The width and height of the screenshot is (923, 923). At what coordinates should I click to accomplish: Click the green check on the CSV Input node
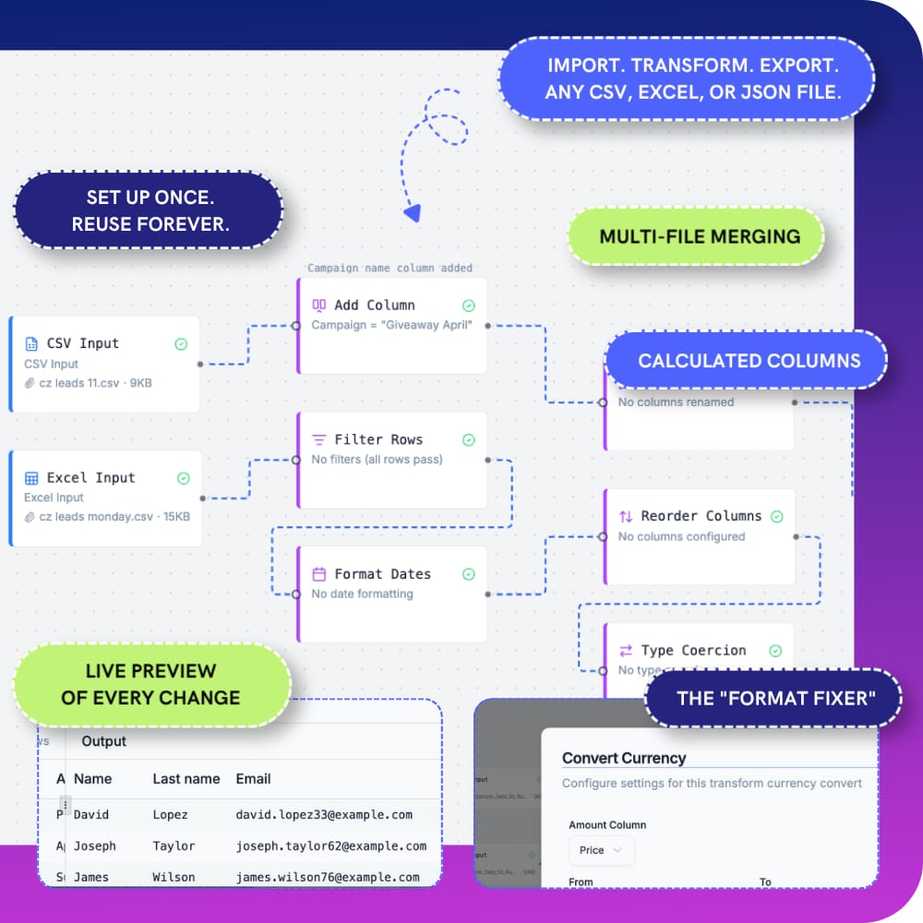click(181, 344)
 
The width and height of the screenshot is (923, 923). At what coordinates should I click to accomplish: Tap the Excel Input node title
click(90, 477)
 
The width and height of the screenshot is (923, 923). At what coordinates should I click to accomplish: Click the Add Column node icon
click(319, 306)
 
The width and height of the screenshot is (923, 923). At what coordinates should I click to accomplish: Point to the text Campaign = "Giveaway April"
click(392, 325)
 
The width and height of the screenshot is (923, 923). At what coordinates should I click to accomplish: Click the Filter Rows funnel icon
click(319, 440)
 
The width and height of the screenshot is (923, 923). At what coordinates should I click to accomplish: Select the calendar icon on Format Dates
click(319, 574)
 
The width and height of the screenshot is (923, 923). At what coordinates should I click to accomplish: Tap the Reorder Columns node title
click(701, 516)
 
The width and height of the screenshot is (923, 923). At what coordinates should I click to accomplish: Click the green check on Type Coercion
click(776, 651)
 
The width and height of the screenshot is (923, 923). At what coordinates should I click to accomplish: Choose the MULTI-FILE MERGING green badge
click(699, 236)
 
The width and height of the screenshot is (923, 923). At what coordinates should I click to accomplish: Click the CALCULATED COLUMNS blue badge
click(749, 361)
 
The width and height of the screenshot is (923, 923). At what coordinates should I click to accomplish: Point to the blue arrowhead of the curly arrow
click(413, 213)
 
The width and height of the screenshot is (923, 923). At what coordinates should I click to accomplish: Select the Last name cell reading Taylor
click(174, 845)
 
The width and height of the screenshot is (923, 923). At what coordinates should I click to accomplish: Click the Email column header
click(253, 779)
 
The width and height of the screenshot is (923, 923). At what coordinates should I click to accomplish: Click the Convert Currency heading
click(624, 758)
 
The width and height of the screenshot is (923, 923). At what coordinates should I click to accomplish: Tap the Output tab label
click(103, 741)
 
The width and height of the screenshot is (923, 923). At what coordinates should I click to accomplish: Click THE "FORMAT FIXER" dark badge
click(776, 698)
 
